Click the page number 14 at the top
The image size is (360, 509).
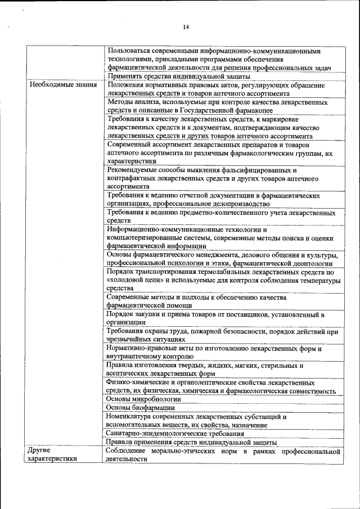186,26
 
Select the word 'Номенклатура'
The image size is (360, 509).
128,417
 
